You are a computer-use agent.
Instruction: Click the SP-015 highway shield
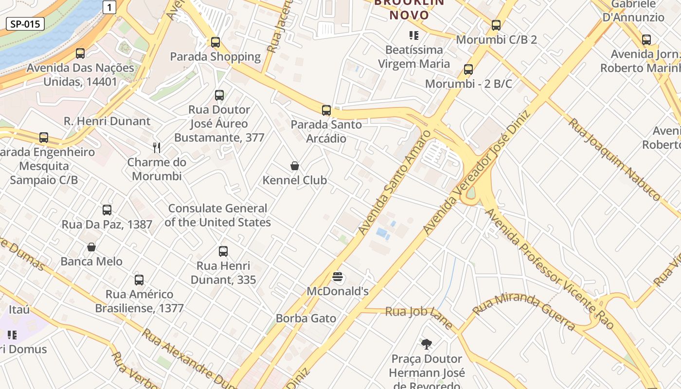tap(25, 24)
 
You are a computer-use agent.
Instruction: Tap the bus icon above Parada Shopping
tap(215, 42)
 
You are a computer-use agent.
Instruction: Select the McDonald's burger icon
tap(338, 278)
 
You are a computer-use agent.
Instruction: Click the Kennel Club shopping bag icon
tap(295, 166)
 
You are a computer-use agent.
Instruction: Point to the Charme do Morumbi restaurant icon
tap(157, 147)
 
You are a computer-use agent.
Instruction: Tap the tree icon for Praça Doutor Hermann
tap(427, 345)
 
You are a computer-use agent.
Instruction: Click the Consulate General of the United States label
tap(217, 215)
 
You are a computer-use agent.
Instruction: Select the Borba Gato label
tap(306, 318)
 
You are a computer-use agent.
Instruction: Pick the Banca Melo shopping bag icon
tap(91, 247)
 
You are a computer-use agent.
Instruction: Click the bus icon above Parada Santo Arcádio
tap(326, 110)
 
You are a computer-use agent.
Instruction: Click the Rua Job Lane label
tap(419, 316)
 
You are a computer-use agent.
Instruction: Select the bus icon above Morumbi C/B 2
tap(496, 25)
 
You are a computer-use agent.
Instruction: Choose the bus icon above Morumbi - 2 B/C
tap(468, 70)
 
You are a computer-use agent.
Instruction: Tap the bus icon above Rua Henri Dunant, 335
tap(223, 251)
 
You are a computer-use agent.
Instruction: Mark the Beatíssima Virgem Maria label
tap(414, 56)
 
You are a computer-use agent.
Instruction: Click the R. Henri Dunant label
tap(108, 121)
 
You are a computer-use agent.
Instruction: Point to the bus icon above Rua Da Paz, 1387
tap(107, 210)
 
